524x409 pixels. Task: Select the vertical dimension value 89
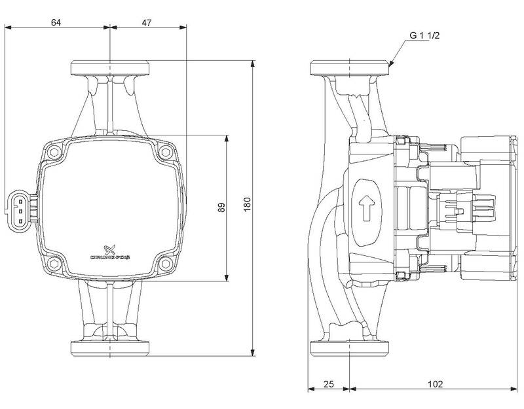pyautogui.click(x=221, y=207)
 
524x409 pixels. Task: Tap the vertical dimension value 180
pyautogui.click(x=247, y=207)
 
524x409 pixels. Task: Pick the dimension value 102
pyautogui.click(x=434, y=383)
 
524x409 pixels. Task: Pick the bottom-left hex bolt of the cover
pyautogui.click(x=54, y=264)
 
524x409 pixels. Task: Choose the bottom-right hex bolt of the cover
pyautogui.click(x=164, y=264)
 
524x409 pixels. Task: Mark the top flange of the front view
pyautogui.click(x=109, y=68)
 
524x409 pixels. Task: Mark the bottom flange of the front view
pyautogui.click(x=109, y=347)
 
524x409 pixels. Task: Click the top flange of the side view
pyautogui.click(x=350, y=68)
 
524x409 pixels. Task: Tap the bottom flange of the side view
pyautogui.click(x=350, y=347)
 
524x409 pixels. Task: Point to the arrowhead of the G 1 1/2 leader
pyautogui.click(x=391, y=65)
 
